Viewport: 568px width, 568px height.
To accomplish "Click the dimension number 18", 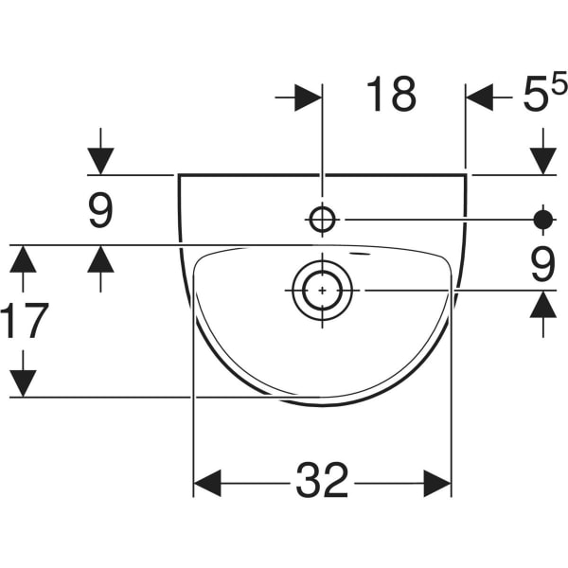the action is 391,94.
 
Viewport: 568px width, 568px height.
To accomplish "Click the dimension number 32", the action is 322,480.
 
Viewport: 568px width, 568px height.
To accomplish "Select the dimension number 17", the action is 25,320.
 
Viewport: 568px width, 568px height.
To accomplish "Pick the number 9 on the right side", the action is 543,264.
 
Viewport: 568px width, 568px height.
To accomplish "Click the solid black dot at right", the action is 543,220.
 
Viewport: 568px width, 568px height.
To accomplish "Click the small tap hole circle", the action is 322,220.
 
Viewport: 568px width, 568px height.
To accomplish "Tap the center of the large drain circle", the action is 323,291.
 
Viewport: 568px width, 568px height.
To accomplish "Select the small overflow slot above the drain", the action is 361,254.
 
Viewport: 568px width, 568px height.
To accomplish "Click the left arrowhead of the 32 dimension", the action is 207,483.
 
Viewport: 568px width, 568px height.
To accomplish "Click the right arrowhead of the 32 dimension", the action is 437,483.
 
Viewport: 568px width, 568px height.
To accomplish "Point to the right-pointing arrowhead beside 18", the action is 309,98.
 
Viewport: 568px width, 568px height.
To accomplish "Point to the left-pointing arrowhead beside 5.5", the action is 480,98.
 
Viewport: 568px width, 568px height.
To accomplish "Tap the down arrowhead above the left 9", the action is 100,161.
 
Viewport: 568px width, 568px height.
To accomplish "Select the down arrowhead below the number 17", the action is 23,383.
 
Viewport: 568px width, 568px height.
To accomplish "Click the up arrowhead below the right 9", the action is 543,305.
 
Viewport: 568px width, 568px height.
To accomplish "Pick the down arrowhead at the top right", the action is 543,161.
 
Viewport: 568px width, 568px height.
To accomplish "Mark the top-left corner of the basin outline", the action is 178,175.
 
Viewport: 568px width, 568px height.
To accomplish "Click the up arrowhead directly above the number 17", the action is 23,259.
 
